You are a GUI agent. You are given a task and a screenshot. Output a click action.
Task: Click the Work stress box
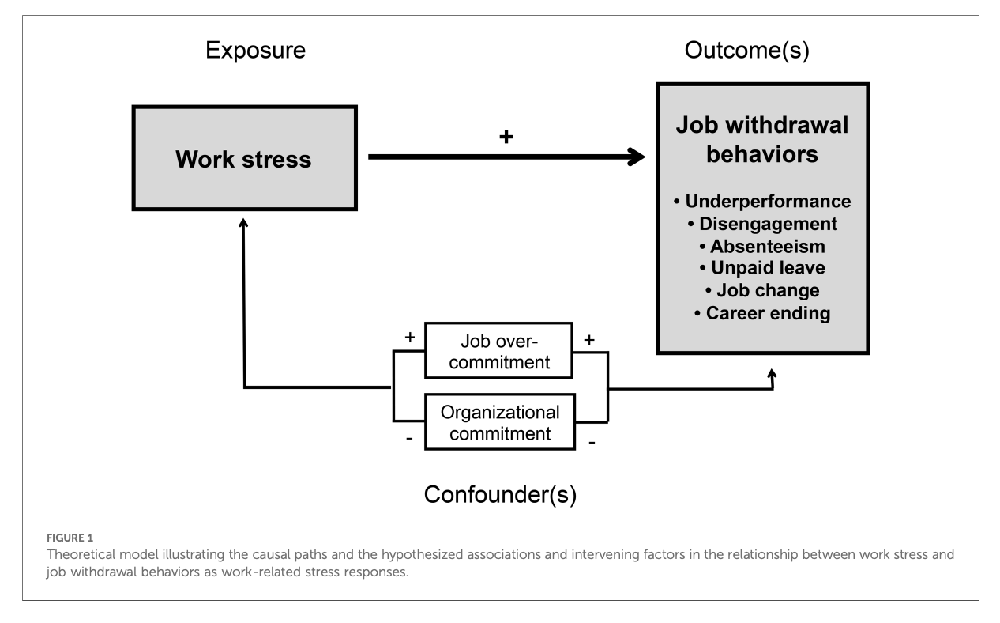[x=245, y=158]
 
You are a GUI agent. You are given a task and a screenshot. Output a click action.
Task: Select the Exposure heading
[x=255, y=50]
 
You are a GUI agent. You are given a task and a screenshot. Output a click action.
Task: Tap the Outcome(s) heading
[x=747, y=50]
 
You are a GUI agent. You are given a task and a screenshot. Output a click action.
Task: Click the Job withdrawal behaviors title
[x=762, y=139]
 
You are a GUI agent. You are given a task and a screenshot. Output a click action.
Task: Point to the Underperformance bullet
[x=762, y=201]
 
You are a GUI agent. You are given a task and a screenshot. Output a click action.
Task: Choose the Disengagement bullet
[x=762, y=224]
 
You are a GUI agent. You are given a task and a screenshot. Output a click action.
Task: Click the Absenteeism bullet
[x=762, y=246]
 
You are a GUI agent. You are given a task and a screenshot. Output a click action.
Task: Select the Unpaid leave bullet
[x=762, y=268]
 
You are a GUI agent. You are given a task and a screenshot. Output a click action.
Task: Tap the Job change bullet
[x=762, y=290]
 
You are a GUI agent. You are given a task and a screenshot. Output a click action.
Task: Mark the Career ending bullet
[x=762, y=313]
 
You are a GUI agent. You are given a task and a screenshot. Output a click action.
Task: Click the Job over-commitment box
[x=498, y=351]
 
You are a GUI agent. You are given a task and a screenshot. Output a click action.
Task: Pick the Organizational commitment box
[x=500, y=422]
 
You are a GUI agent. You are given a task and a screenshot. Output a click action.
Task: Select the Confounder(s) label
[x=500, y=495]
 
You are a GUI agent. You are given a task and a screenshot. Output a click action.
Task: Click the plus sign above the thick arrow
[x=506, y=137]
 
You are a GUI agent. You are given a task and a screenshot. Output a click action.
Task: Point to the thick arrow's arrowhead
[x=637, y=157]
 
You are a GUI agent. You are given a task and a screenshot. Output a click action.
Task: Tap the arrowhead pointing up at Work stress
[x=243, y=222]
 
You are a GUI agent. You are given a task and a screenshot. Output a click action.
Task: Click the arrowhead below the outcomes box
[x=773, y=373]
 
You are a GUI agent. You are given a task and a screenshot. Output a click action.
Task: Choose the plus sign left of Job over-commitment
[x=410, y=337]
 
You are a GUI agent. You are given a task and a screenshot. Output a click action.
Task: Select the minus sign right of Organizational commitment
[x=592, y=443]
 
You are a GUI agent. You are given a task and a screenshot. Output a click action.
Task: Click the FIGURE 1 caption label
[x=70, y=538]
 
